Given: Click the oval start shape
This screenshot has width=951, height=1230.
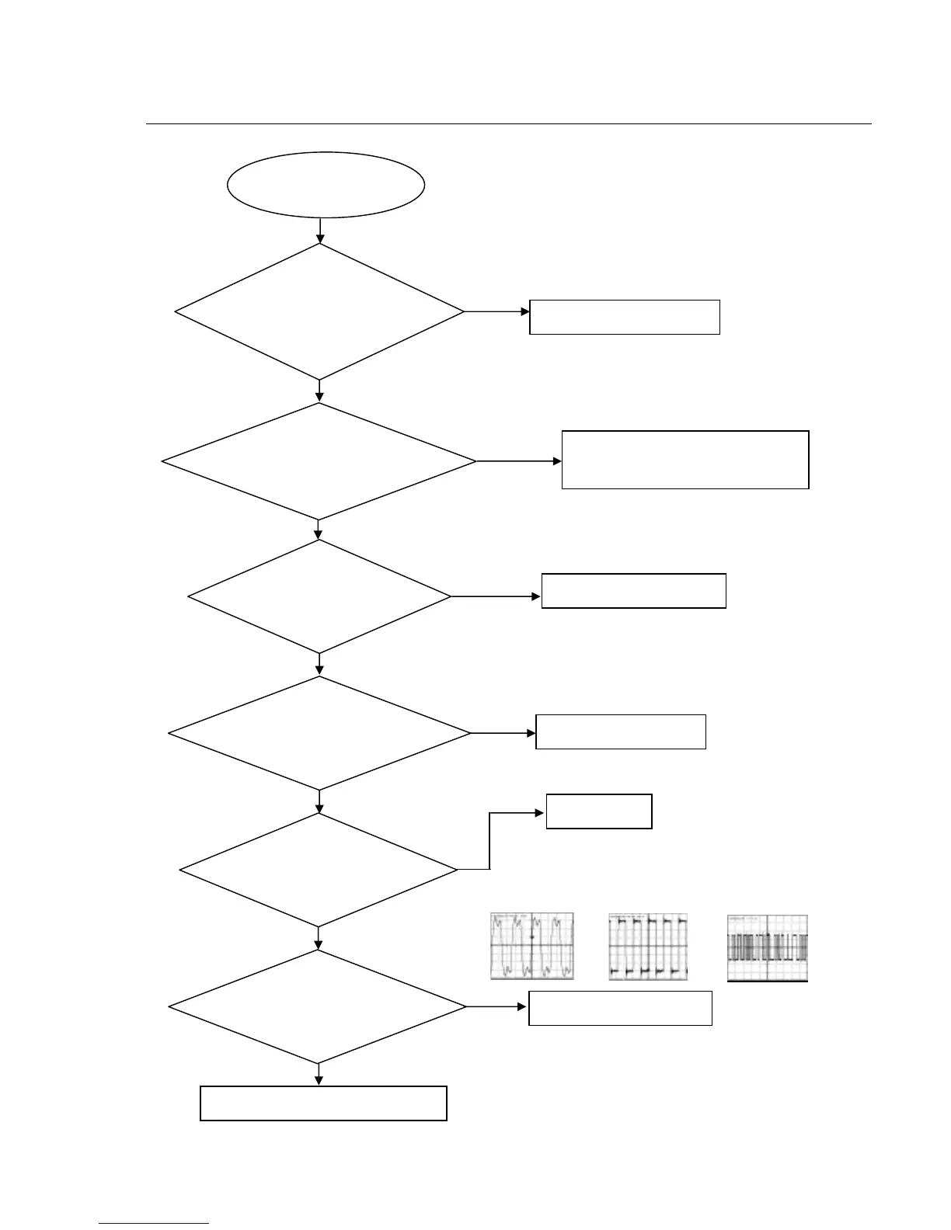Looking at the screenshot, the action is (x=326, y=185).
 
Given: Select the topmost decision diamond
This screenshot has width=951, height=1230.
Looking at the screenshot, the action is (x=319, y=311).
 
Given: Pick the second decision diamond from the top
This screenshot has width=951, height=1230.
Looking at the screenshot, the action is (x=319, y=461).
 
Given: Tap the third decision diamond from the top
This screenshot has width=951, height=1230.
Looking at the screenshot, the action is (x=319, y=596).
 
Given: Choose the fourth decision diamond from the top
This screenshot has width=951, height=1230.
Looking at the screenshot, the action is (x=319, y=733).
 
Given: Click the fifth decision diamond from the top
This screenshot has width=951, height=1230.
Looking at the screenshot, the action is (x=319, y=870).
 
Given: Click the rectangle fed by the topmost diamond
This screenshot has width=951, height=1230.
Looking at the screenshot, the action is (x=625, y=317).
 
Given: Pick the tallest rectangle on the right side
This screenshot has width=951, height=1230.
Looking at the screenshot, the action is (x=685, y=460).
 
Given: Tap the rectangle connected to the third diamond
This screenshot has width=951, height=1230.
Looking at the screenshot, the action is (x=633, y=591).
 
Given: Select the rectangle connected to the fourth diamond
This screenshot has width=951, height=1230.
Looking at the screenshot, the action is (x=621, y=731).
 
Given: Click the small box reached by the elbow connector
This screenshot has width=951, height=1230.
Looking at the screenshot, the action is (x=599, y=811).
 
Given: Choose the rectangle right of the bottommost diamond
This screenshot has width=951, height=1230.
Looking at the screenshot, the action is (x=620, y=1008).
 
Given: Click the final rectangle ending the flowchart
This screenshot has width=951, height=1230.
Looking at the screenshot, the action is (x=323, y=1103).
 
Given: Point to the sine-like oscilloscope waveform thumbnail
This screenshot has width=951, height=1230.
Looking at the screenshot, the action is (x=532, y=946).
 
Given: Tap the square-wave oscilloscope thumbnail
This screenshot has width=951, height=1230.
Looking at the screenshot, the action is (x=648, y=947).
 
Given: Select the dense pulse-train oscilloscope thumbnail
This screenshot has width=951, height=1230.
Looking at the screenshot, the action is (x=768, y=948).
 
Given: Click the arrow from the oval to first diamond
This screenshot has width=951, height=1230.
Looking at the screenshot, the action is (x=320, y=231).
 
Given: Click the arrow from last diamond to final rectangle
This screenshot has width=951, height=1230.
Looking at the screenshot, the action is (x=319, y=1075).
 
